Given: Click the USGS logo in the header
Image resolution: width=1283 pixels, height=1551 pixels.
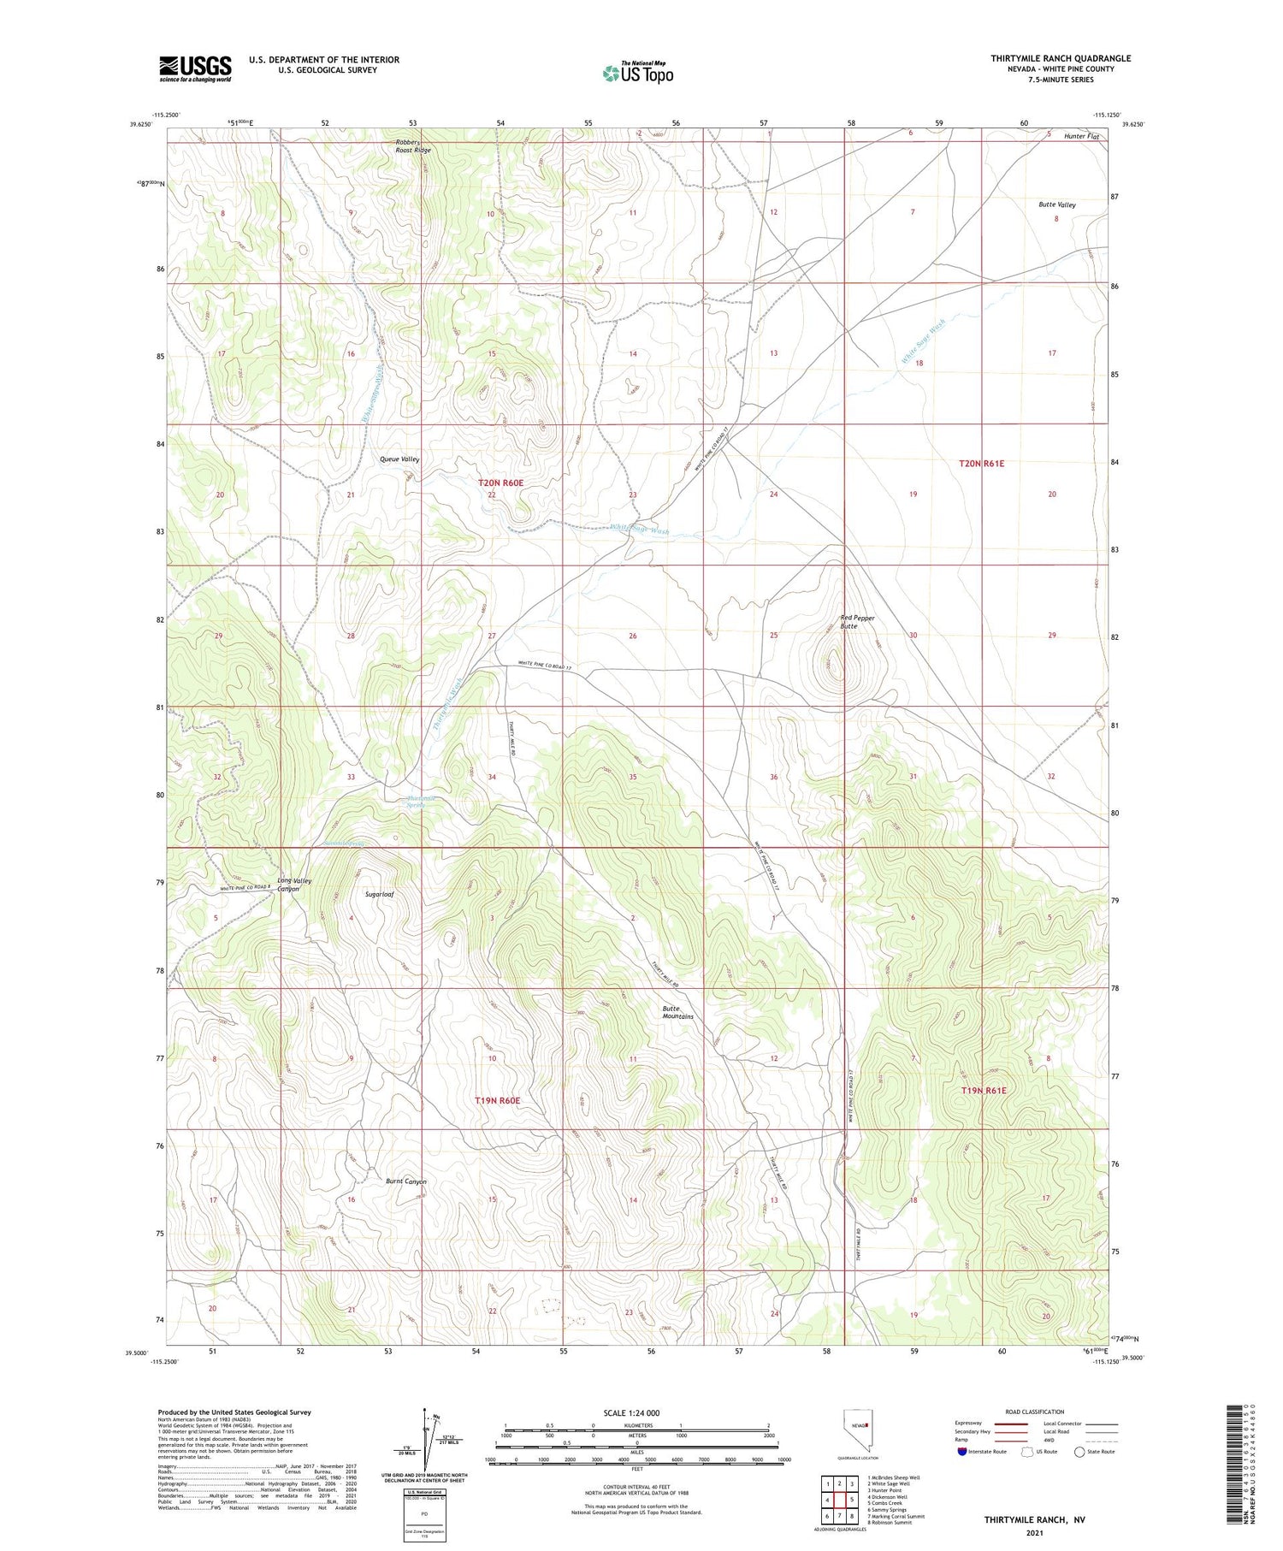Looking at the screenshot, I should pos(195,68).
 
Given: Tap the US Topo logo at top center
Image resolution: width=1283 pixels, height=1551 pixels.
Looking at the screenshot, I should pos(637,73).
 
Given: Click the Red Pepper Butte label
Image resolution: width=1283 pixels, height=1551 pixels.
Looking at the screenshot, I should pos(857,622).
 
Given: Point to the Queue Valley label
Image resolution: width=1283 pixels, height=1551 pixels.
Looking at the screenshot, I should pos(399,459).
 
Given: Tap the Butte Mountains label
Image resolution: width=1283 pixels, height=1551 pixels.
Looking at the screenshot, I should pos(677,1012).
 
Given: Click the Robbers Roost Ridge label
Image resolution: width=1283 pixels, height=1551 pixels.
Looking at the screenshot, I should pos(412,145).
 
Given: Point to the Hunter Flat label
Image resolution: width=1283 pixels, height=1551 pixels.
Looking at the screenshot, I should pos(1081,136).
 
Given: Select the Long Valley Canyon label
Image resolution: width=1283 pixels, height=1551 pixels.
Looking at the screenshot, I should pos(293,885).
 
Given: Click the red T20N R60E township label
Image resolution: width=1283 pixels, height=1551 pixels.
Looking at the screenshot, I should pos(500,483).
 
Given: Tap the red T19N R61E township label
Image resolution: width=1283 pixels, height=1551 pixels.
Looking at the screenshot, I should pos(984,1091).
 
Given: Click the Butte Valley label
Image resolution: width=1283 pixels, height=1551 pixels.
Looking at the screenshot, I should pos(1057,205).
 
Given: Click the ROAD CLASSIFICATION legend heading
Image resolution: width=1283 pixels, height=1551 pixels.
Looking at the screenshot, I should pos(1035,1412).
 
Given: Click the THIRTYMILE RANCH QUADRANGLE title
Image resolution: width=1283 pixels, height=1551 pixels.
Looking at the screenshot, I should pos(1061,58).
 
